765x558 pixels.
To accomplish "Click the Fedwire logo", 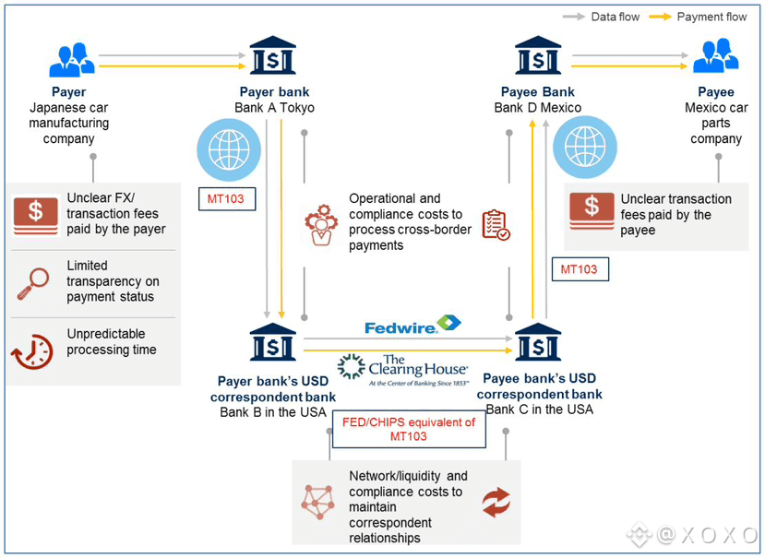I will [412, 326].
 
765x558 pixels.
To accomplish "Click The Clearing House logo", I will [402, 368].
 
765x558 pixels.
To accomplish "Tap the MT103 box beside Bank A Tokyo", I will [227, 198].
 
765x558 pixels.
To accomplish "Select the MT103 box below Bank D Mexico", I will [579, 269].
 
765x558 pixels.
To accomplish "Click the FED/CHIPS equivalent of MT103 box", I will [408, 429].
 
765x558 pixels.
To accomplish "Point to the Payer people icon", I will [71, 60].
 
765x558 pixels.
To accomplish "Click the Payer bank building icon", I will [273, 55].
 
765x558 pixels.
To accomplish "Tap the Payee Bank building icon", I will [537, 55].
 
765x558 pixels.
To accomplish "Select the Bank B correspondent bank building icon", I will [273, 343].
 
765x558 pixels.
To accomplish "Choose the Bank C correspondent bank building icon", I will [538, 343].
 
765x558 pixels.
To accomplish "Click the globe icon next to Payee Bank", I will [584, 148].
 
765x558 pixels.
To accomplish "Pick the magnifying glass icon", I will [34, 283].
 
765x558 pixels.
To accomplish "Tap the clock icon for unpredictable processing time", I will [32, 351].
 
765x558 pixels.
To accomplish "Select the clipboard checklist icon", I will [496, 224].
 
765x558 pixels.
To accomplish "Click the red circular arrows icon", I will [496, 502].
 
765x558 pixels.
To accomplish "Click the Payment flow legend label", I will [711, 17].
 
